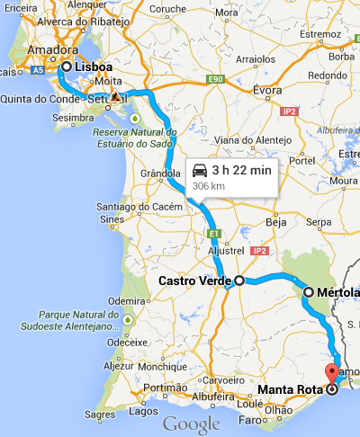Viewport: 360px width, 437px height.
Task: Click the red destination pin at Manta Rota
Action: [331, 374]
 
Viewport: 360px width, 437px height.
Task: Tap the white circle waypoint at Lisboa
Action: [67, 67]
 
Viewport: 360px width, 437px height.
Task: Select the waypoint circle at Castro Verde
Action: [239, 281]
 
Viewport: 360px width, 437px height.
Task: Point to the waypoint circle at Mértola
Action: [309, 292]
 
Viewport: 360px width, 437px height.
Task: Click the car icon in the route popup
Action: [200, 170]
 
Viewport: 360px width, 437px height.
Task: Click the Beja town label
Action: [277, 220]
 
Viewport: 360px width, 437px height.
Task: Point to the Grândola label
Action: [162, 174]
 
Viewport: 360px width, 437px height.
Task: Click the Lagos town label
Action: [145, 411]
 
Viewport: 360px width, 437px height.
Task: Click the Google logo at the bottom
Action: [191, 424]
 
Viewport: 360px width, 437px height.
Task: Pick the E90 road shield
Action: [214, 80]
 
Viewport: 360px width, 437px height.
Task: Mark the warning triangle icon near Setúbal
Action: [113, 95]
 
